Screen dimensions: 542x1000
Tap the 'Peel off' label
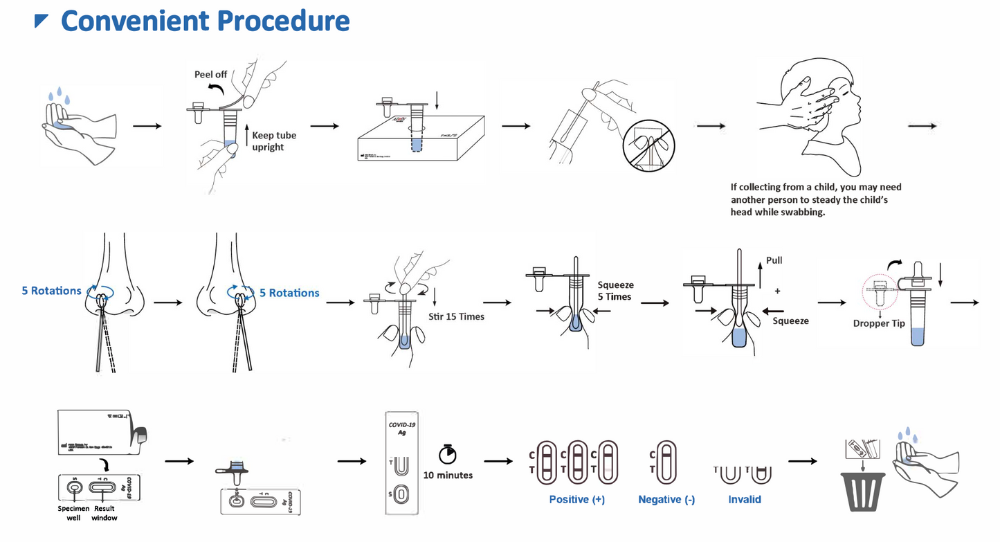(x=210, y=74)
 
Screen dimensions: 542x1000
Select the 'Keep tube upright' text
(x=274, y=141)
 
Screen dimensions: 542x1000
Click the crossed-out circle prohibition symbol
(x=650, y=147)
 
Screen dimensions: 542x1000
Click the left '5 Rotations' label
(x=51, y=291)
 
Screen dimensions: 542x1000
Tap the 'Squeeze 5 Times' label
(x=615, y=291)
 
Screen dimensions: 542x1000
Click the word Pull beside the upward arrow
(x=774, y=261)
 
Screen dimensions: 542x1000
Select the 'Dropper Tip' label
(x=879, y=323)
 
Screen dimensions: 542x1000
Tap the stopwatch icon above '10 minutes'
(x=448, y=454)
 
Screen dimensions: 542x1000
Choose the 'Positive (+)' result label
(x=578, y=499)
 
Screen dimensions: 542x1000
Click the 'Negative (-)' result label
(x=666, y=499)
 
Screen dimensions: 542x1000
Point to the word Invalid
(x=745, y=499)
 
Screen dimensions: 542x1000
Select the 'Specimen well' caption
(x=73, y=513)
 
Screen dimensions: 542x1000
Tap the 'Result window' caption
(x=104, y=513)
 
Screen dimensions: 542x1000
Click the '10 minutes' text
(x=448, y=476)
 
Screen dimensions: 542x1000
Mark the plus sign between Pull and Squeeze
(x=777, y=291)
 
